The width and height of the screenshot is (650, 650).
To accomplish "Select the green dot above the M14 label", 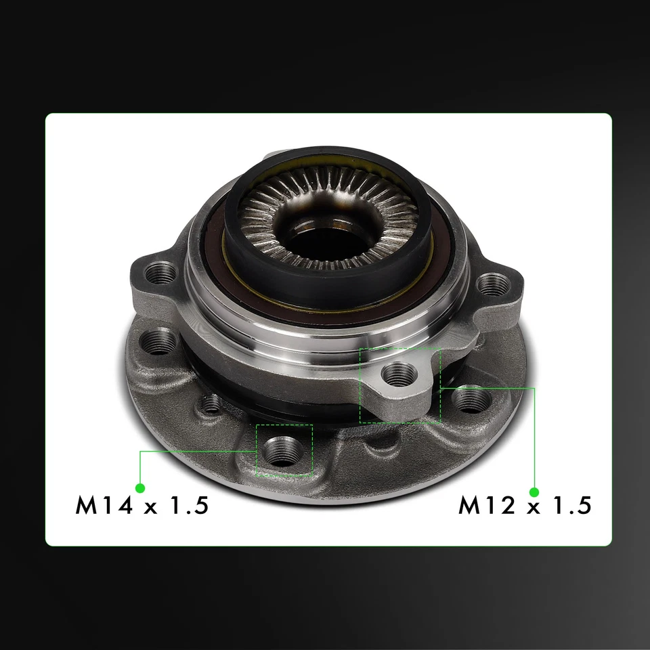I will click(x=140, y=487).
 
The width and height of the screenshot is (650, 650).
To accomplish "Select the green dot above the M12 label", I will click(x=534, y=491).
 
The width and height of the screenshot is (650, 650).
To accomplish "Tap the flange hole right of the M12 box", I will click(x=469, y=399).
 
